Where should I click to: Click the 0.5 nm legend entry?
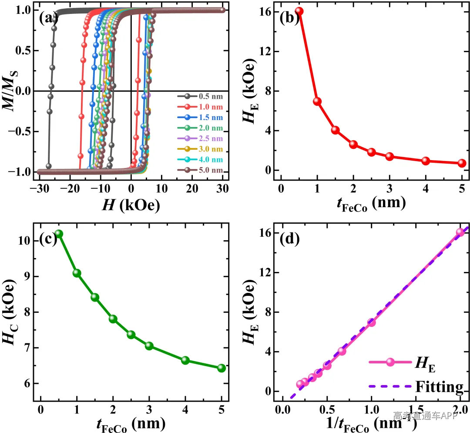click(200, 96)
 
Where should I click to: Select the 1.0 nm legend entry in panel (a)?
click(200, 107)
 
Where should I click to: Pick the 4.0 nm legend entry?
click(200, 159)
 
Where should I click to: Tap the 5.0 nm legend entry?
click(200, 170)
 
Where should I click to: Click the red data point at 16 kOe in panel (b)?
click(299, 11)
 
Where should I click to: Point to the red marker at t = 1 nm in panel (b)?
click(317, 101)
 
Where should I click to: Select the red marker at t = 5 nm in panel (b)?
click(462, 163)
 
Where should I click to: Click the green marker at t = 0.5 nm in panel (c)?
click(59, 233)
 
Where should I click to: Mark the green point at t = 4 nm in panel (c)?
click(185, 360)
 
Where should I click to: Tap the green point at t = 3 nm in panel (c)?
click(149, 346)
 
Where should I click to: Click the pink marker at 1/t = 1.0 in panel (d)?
click(371, 322)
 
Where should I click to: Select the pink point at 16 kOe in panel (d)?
click(460, 232)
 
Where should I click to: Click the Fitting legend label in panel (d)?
click(440, 386)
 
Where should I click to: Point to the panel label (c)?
click(48, 239)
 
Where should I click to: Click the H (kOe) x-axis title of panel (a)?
click(131, 205)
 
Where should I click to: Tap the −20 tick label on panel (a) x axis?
click(69, 188)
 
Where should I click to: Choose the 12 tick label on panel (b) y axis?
click(265, 51)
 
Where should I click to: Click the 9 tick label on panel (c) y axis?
click(27, 276)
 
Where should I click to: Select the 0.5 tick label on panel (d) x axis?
click(327, 410)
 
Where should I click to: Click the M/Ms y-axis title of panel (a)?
click(10, 91)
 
